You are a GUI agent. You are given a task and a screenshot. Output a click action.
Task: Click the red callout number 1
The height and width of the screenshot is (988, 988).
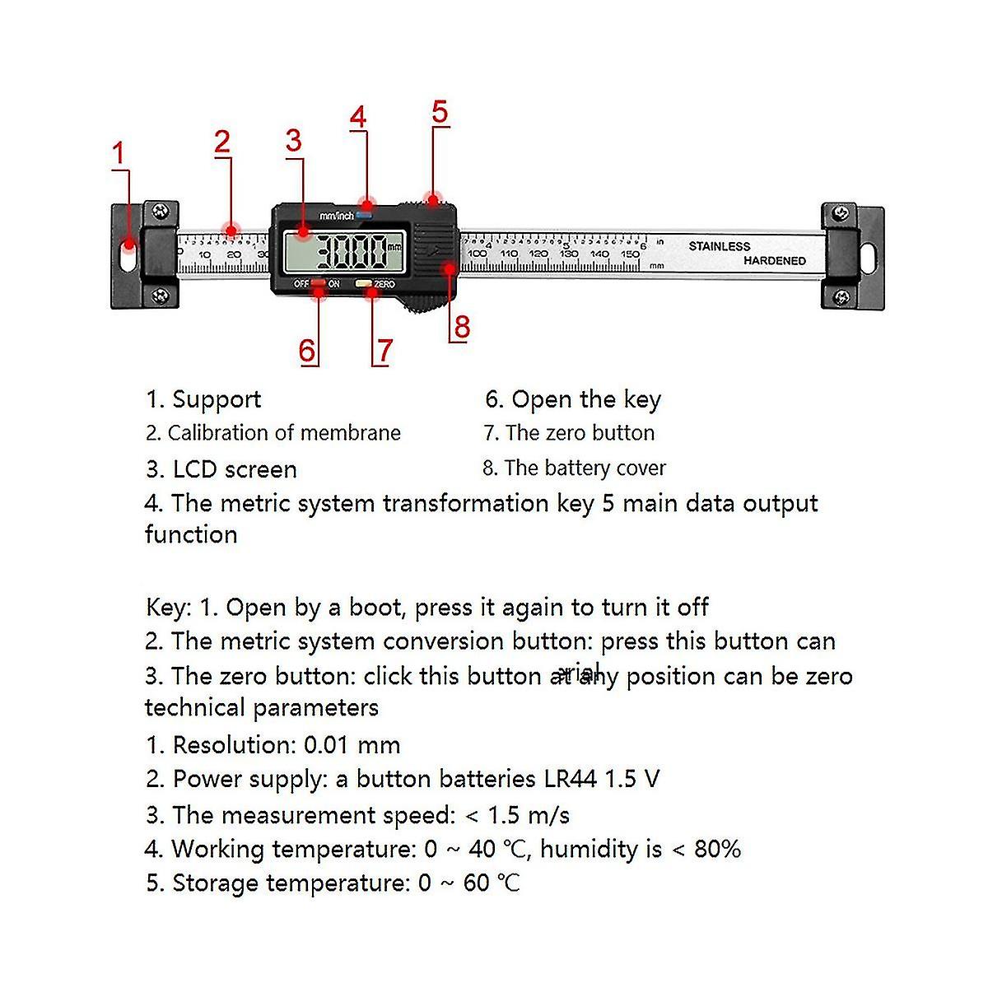tap(119, 153)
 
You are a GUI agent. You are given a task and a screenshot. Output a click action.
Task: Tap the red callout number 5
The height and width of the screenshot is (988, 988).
tap(440, 111)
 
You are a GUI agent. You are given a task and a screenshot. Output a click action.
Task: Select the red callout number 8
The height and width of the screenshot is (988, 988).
tap(462, 327)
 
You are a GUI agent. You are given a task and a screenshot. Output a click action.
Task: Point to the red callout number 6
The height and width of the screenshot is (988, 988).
tap(307, 351)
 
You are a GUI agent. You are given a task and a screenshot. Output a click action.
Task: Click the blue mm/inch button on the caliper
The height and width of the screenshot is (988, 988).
tap(364, 214)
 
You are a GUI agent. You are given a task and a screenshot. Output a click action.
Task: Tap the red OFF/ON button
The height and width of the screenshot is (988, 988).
tap(318, 284)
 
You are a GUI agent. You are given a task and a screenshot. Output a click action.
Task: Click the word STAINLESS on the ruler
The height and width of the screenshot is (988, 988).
tap(719, 246)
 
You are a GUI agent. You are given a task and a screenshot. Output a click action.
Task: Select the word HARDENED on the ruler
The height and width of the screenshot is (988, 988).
tap(775, 261)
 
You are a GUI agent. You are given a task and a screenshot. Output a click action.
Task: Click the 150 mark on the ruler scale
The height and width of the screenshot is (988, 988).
tap(630, 254)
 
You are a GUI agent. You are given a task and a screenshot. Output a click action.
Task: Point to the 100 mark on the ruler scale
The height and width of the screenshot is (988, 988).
tap(478, 254)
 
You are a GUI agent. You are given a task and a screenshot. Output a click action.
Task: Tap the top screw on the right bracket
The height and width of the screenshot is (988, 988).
tap(841, 213)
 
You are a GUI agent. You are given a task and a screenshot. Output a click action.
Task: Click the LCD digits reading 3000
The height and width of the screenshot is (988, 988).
tap(352, 251)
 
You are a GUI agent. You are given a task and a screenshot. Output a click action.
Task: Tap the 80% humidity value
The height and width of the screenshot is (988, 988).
tap(717, 849)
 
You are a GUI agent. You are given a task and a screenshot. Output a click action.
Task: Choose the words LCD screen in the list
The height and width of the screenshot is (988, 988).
tap(235, 469)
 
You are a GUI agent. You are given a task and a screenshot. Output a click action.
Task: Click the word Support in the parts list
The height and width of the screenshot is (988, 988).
tap(217, 399)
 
